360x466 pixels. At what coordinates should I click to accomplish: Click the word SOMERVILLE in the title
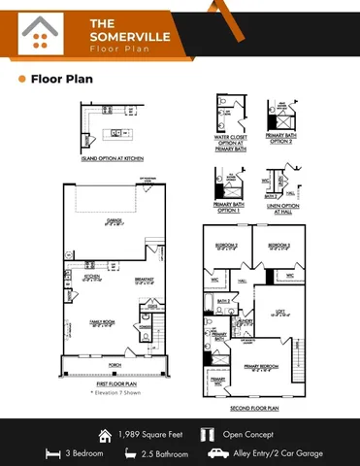pos(119,36)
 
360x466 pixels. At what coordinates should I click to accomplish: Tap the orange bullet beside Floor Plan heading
pos(21,80)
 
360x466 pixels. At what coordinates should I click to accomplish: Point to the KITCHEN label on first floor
pos(92,276)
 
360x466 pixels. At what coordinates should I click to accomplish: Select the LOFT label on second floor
pos(277,311)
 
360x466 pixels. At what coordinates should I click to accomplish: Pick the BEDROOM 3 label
pos(279,245)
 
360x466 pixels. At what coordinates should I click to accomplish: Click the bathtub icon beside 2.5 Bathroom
pos(130,452)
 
